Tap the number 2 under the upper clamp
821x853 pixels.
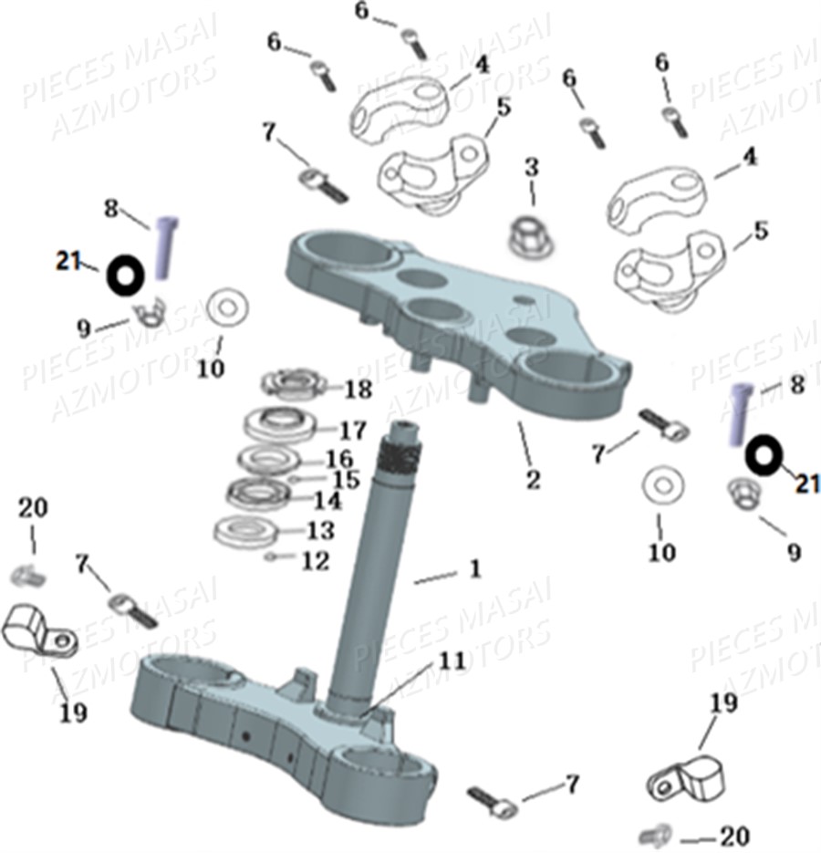pos(532,479)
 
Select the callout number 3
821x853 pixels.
pos(532,167)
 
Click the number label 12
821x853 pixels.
pos(315,561)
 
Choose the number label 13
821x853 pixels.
pos(321,530)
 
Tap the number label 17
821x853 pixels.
pos(352,429)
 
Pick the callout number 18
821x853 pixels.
pos(358,390)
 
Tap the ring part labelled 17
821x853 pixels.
pos(281,424)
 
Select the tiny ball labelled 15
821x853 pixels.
pos(293,477)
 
